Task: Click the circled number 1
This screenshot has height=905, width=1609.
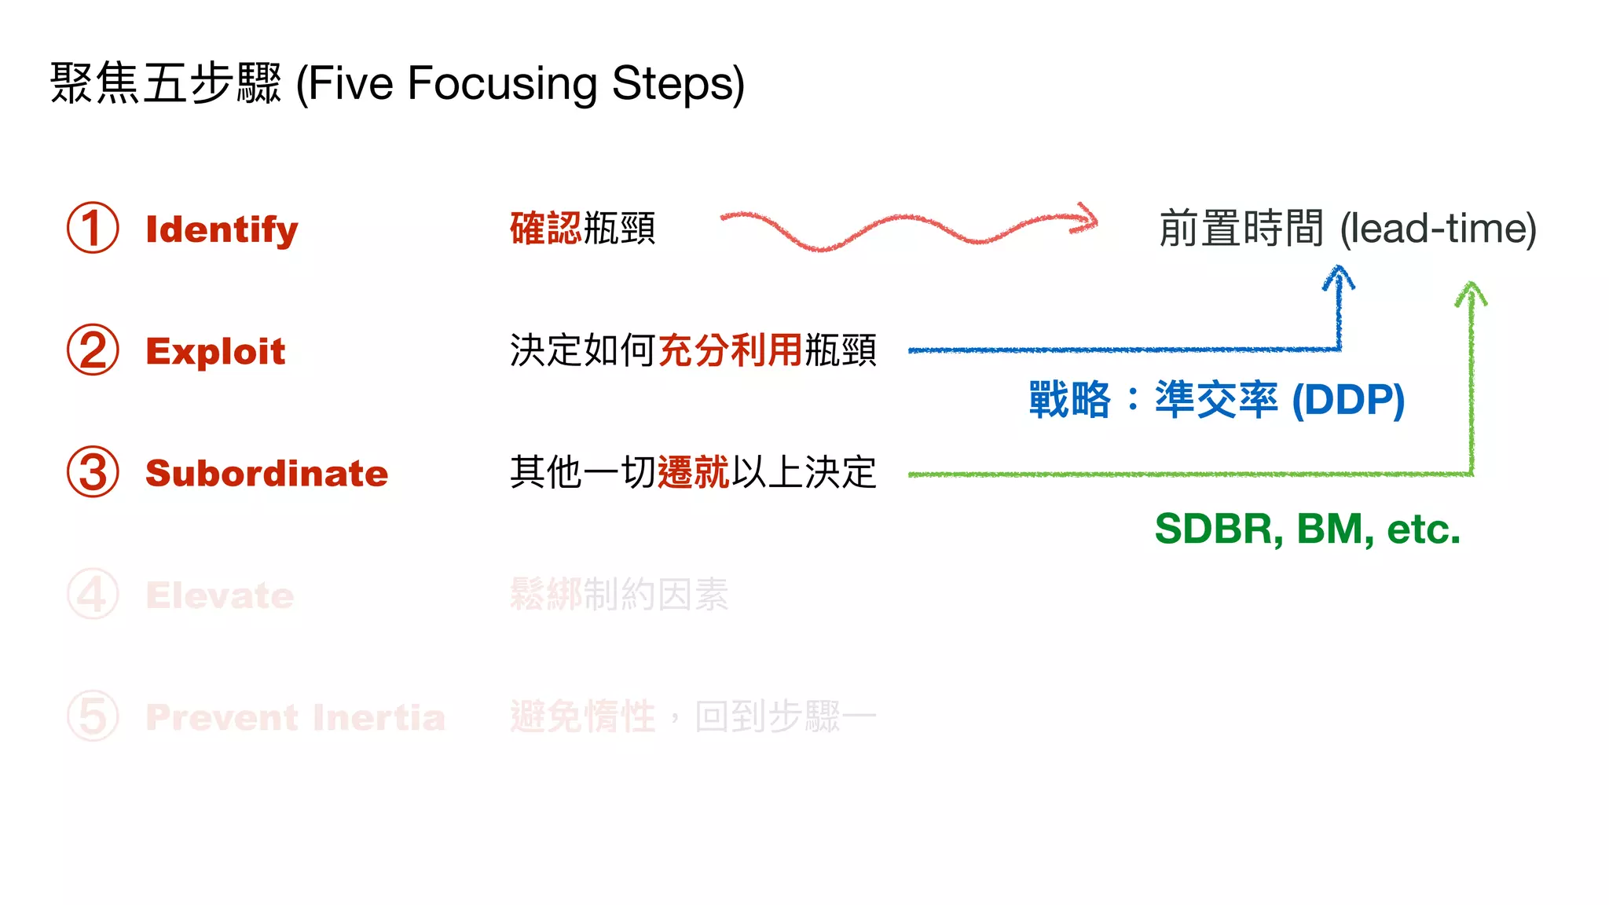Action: pyautogui.click(x=93, y=228)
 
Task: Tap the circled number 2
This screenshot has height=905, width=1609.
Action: pyautogui.click(x=93, y=350)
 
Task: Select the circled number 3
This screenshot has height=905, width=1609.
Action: pyautogui.click(x=93, y=472)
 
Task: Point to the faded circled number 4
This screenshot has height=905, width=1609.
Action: pyautogui.click(x=93, y=594)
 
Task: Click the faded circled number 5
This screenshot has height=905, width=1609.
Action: pyautogui.click(x=93, y=716)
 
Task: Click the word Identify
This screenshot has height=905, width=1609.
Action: pyautogui.click(x=222, y=229)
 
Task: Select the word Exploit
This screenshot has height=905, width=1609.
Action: pyautogui.click(x=215, y=351)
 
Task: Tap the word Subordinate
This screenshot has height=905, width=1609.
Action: pyautogui.click(x=266, y=473)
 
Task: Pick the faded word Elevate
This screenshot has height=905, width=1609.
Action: pyautogui.click(x=219, y=595)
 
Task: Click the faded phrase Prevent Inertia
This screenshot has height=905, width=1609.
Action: pyautogui.click(x=295, y=717)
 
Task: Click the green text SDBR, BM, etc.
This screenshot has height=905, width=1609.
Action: pyautogui.click(x=1307, y=529)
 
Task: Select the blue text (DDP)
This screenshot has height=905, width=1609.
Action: pyautogui.click(x=1348, y=400)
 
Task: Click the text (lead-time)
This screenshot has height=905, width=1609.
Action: pyautogui.click(x=1438, y=229)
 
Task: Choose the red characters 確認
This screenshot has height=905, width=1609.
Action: pyautogui.click(x=545, y=229)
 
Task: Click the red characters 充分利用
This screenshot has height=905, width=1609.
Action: pyautogui.click(x=730, y=350)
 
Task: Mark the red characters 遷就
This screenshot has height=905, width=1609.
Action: pyautogui.click(x=693, y=473)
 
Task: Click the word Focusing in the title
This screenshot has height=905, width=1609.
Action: pyautogui.click(x=503, y=83)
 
